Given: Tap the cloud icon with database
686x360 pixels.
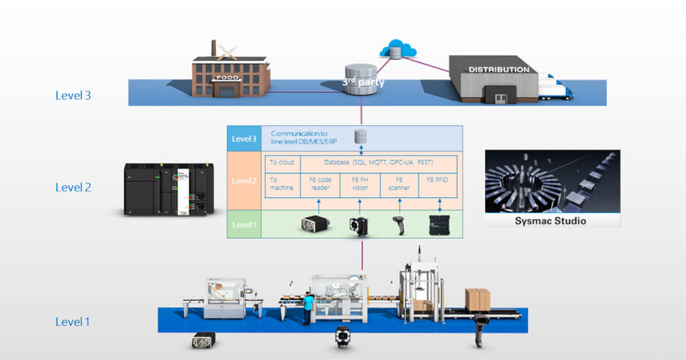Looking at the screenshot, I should [x=393, y=49].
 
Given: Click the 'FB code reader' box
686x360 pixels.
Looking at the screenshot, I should [x=320, y=185].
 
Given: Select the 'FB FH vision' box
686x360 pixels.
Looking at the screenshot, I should [x=359, y=185].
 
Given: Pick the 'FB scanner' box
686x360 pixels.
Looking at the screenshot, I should [x=399, y=185].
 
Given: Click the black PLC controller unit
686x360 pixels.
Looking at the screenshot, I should [x=165, y=189].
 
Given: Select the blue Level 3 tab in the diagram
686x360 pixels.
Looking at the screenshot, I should [x=244, y=139].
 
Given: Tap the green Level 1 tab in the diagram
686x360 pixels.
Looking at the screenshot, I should [x=244, y=224].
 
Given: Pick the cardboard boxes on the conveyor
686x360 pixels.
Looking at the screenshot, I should [x=477, y=300].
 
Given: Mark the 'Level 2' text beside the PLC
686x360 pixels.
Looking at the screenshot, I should [x=73, y=187].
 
